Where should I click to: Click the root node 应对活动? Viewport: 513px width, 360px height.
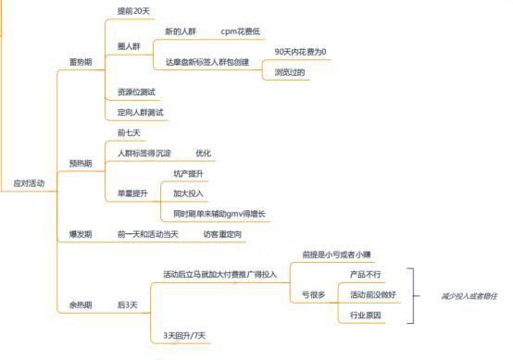point(28,184)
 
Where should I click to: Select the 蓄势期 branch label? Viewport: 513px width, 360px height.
point(81,62)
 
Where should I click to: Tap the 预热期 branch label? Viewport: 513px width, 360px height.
point(81,163)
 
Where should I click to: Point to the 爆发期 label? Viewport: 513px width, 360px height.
point(81,235)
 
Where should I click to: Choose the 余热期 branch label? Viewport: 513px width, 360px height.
point(81,304)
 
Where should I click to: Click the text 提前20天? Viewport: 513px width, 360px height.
point(135,10)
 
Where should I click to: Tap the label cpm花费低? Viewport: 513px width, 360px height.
point(241,31)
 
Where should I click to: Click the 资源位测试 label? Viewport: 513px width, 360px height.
point(137,93)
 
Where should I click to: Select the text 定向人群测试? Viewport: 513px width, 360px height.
point(141,113)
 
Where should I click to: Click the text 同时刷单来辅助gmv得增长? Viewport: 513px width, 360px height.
point(219,214)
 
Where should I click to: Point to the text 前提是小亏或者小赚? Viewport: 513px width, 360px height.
point(336,254)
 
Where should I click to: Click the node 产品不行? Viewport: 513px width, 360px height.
point(366,275)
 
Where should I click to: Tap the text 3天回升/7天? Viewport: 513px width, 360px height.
point(183,335)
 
